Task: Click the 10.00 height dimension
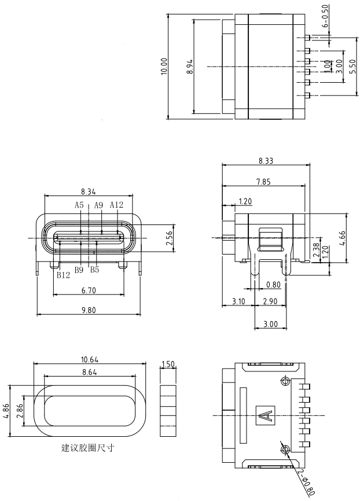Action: [164, 66]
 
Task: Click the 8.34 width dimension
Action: [89, 191]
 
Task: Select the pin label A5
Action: [79, 205]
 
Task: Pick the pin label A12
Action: [116, 205]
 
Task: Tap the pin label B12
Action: [63, 275]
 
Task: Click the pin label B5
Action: [94, 269]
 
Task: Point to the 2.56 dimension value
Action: [170, 238]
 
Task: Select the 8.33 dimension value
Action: [266, 161]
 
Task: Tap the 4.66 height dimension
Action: [343, 238]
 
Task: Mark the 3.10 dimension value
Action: [238, 301]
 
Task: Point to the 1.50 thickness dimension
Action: [167, 364]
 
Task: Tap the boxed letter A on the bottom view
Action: [265, 415]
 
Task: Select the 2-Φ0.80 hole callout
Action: [307, 481]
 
